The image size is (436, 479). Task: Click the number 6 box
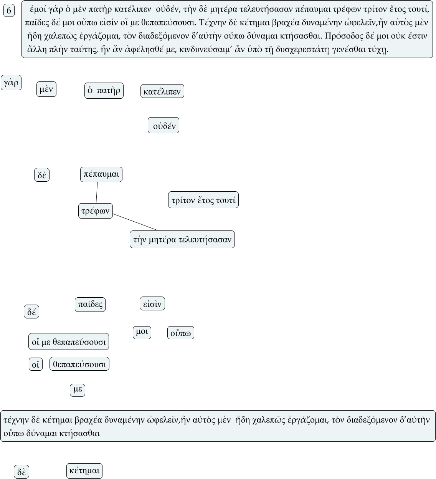click(x=9, y=11)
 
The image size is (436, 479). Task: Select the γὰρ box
click(x=11, y=83)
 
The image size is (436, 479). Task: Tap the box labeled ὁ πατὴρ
click(x=104, y=91)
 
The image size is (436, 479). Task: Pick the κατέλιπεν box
click(x=162, y=91)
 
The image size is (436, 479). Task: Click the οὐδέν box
click(x=163, y=126)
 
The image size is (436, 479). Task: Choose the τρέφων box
click(x=96, y=211)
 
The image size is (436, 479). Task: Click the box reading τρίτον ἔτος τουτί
click(x=203, y=200)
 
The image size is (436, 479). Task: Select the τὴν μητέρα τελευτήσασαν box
click(x=182, y=240)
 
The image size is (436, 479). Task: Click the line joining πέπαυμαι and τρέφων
click(x=97, y=192)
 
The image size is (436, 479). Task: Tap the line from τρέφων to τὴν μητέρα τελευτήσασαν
click(x=135, y=222)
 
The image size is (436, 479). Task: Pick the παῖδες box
click(x=90, y=305)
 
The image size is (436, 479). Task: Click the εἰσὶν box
click(x=152, y=304)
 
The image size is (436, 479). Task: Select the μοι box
click(x=142, y=332)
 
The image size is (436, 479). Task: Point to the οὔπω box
click(x=181, y=333)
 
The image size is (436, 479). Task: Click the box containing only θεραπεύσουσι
click(x=79, y=364)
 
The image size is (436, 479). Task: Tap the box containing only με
click(x=78, y=390)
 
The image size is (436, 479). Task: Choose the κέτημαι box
click(x=84, y=471)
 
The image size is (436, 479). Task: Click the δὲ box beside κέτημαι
click(x=21, y=472)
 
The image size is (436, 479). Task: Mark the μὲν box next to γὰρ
click(x=46, y=90)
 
